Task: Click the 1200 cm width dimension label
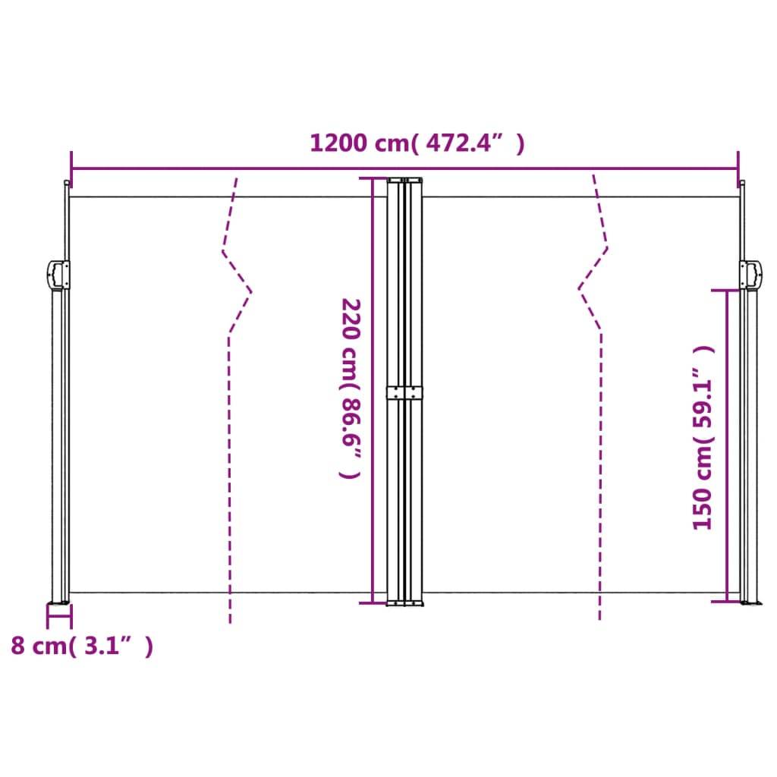click(x=417, y=143)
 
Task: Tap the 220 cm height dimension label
click(x=350, y=388)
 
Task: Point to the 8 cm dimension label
click(x=81, y=646)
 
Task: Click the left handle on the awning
click(x=58, y=275)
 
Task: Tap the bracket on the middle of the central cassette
click(x=406, y=392)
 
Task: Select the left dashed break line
click(x=230, y=455)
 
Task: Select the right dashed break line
click(x=600, y=455)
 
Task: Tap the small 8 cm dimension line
click(x=59, y=618)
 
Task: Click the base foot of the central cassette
click(x=406, y=603)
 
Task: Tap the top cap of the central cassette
click(x=406, y=181)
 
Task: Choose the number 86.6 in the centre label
click(x=350, y=424)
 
